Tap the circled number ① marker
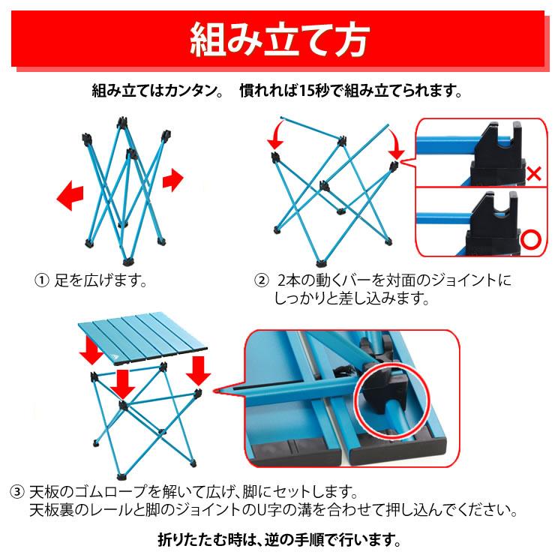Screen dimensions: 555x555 (42, 281)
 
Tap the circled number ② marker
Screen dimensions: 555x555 (262, 281)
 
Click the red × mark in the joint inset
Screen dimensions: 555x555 (534, 175)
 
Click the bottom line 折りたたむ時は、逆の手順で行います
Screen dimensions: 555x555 (278, 538)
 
